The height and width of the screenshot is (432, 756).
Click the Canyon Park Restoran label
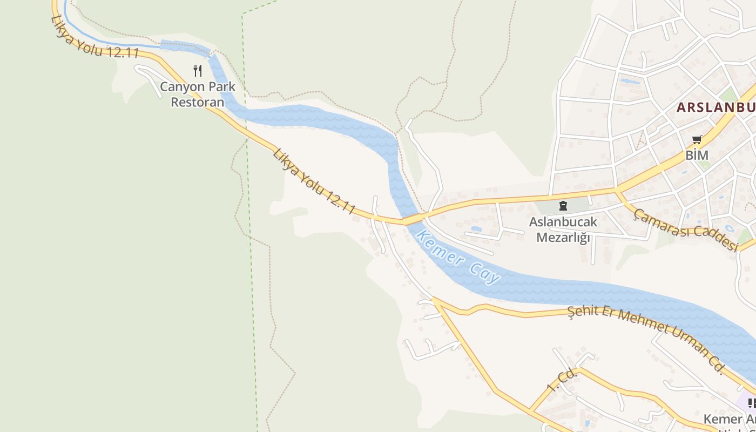tap(198, 94)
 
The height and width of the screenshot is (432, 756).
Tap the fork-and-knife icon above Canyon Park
tap(198, 70)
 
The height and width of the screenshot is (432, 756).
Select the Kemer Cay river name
tap(459, 257)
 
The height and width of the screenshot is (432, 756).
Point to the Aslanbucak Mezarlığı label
tap(563, 230)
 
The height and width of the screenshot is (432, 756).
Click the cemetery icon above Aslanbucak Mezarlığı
tap(563, 205)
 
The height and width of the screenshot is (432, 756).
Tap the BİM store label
tap(697, 155)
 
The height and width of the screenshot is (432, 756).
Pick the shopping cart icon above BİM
tap(697, 140)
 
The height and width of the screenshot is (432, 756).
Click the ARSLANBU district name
tap(716, 107)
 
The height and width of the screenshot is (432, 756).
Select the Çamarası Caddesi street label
tap(686, 230)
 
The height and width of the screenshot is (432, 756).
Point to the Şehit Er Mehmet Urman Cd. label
tap(646, 338)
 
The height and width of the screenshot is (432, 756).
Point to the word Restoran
tap(198, 102)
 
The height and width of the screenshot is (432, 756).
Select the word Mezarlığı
tap(563, 237)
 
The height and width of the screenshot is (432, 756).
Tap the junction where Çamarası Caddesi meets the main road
tap(617, 191)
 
